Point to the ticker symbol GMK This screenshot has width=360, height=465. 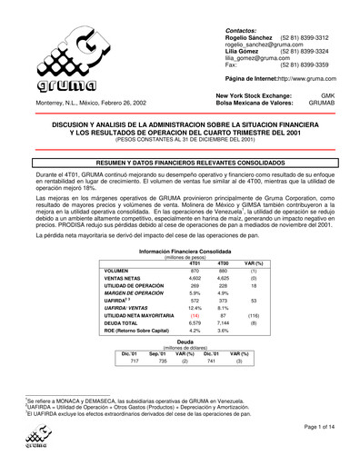(x=335, y=95)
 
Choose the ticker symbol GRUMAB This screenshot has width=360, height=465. (x=329, y=104)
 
